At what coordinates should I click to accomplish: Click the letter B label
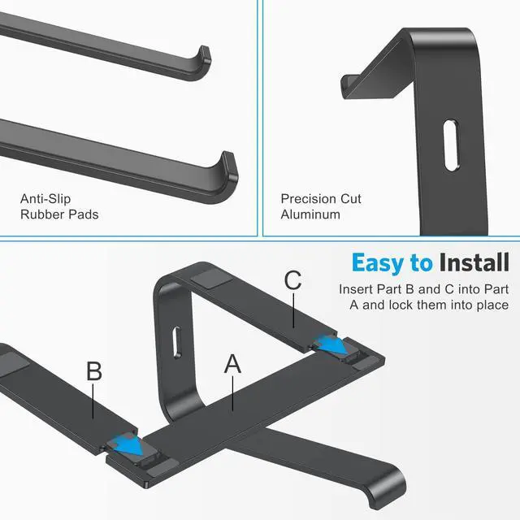94,372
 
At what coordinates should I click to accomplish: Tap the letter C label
293,281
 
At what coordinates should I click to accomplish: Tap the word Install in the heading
474,262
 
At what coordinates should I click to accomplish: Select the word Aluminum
311,215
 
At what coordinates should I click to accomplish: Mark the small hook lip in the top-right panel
348,84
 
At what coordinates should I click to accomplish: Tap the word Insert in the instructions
357,288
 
